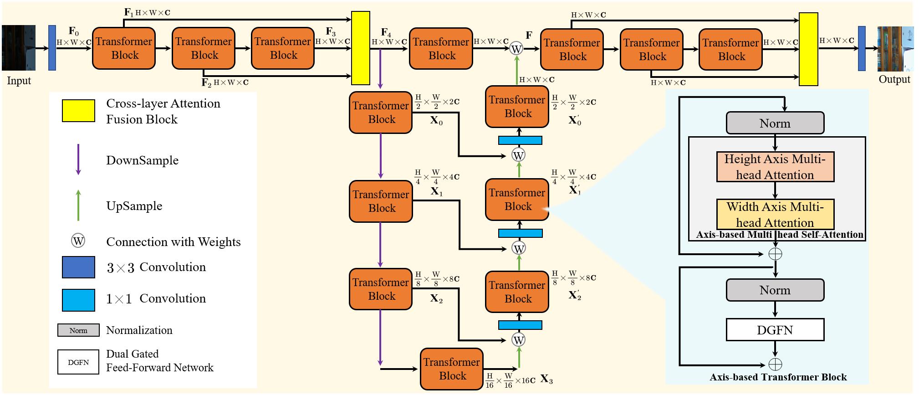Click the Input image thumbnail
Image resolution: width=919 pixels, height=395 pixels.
(19, 48)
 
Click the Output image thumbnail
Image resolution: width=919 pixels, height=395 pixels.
(895, 49)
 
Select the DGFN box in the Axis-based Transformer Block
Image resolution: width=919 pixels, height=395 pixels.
(775, 330)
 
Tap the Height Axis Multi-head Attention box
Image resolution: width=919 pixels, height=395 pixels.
(775, 167)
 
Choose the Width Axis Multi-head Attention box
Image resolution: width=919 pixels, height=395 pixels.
(775, 214)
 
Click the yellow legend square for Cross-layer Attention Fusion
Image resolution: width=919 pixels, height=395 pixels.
(78, 111)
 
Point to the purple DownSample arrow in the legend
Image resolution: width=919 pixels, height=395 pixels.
(78, 159)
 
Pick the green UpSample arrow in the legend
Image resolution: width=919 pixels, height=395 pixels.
(78, 205)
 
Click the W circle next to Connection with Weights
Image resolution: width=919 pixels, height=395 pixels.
(78, 241)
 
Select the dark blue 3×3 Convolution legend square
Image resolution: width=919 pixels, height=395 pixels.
(78, 267)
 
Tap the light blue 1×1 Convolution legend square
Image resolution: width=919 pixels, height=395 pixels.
(78, 300)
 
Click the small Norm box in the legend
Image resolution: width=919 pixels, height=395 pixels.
(78, 330)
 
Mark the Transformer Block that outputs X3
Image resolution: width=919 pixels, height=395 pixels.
(451, 369)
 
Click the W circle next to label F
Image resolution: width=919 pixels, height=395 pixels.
(516, 49)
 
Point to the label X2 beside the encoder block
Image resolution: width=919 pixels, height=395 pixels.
(436, 299)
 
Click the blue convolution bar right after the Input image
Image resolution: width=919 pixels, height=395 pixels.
(52, 48)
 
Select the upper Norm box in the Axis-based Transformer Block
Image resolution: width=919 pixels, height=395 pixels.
(775, 123)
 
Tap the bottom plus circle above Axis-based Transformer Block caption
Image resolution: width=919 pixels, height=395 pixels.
(775, 364)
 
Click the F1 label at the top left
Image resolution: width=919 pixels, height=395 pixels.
(128, 12)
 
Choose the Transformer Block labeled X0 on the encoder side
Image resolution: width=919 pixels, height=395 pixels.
(381, 113)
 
